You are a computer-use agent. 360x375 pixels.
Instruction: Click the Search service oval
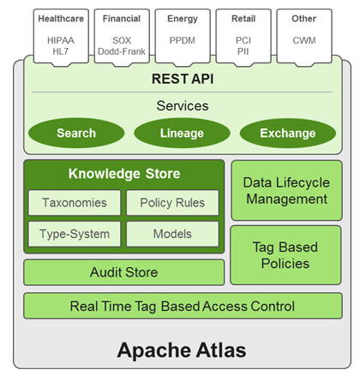tap(76, 133)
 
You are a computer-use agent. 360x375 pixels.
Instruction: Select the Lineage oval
tap(182, 133)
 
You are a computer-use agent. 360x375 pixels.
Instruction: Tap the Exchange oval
tap(288, 133)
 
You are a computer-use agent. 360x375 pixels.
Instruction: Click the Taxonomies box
tap(75, 203)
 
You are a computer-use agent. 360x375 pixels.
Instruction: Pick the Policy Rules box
tap(172, 203)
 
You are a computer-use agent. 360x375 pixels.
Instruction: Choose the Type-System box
tap(75, 234)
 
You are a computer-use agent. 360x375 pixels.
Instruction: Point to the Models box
tap(172, 234)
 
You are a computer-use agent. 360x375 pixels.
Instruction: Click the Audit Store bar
tap(124, 272)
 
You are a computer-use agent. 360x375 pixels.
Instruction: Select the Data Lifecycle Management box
tap(286, 190)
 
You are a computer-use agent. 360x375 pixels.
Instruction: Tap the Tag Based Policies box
tap(285, 255)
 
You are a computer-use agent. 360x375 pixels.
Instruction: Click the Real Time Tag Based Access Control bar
tap(183, 306)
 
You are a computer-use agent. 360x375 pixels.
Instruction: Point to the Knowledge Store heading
tap(124, 174)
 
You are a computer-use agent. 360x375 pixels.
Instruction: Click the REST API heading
tap(183, 79)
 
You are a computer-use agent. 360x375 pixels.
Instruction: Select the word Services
tap(183, 105)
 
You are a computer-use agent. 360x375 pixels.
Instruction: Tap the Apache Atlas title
tap(182, 350)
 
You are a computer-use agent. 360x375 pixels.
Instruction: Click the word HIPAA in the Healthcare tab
tap(61, 40)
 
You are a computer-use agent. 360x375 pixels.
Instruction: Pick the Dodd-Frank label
tap(122, 51)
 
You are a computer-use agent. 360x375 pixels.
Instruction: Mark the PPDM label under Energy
tap(183, 40)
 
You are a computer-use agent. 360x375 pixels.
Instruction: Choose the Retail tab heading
tap(243, 19)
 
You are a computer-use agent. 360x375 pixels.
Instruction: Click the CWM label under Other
tap(304, 40)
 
